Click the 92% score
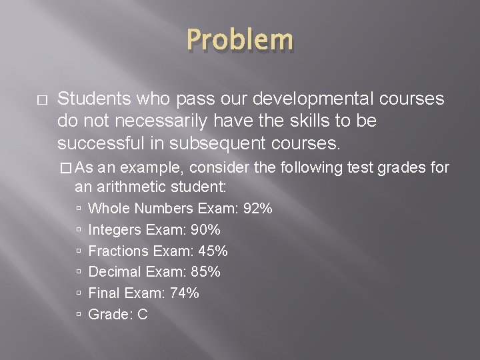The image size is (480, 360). [258, 209]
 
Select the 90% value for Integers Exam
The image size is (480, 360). [206, 230]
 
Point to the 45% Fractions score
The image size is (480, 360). [213, 251]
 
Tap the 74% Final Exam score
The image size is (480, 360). [184, 293]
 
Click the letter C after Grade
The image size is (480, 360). [142, 315]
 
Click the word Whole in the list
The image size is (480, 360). [107, 209]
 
